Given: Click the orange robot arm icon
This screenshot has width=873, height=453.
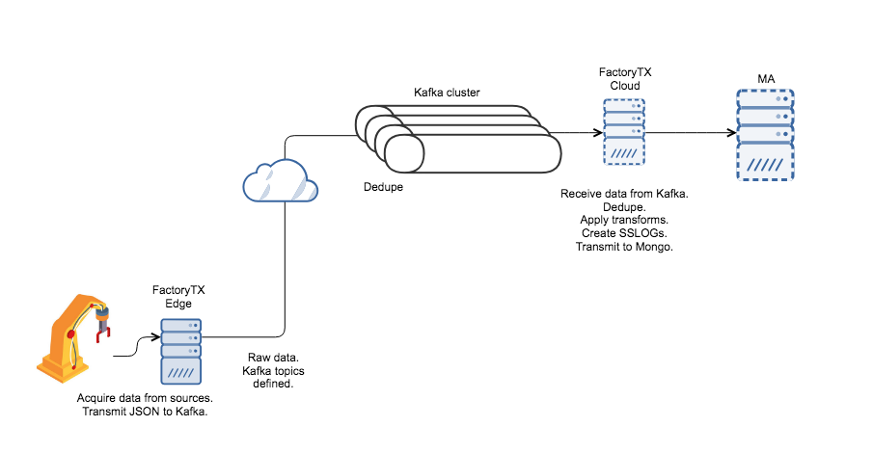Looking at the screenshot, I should tap(72, 333).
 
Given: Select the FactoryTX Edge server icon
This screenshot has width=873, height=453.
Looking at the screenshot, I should tap(180, 351).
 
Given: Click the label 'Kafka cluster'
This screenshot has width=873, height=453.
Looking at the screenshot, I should tap(447, 93).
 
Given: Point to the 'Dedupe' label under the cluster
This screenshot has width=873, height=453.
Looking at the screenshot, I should tap(383, 187).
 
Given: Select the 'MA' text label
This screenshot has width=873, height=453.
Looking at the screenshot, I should tap(768, 77).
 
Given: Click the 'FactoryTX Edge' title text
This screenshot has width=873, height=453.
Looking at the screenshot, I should tap(179, 296).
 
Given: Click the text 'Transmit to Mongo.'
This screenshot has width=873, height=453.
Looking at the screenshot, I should tap(623, 247).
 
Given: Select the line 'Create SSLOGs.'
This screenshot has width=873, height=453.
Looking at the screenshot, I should tap(623, 233).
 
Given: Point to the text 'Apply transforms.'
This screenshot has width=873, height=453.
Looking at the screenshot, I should tap(623, 221).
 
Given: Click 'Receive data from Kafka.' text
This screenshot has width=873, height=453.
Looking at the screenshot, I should tap(623, 195).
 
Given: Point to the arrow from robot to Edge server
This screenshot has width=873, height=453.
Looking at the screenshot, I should tap(136, 348).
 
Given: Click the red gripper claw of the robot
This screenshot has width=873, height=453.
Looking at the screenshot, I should tap(103, 331).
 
